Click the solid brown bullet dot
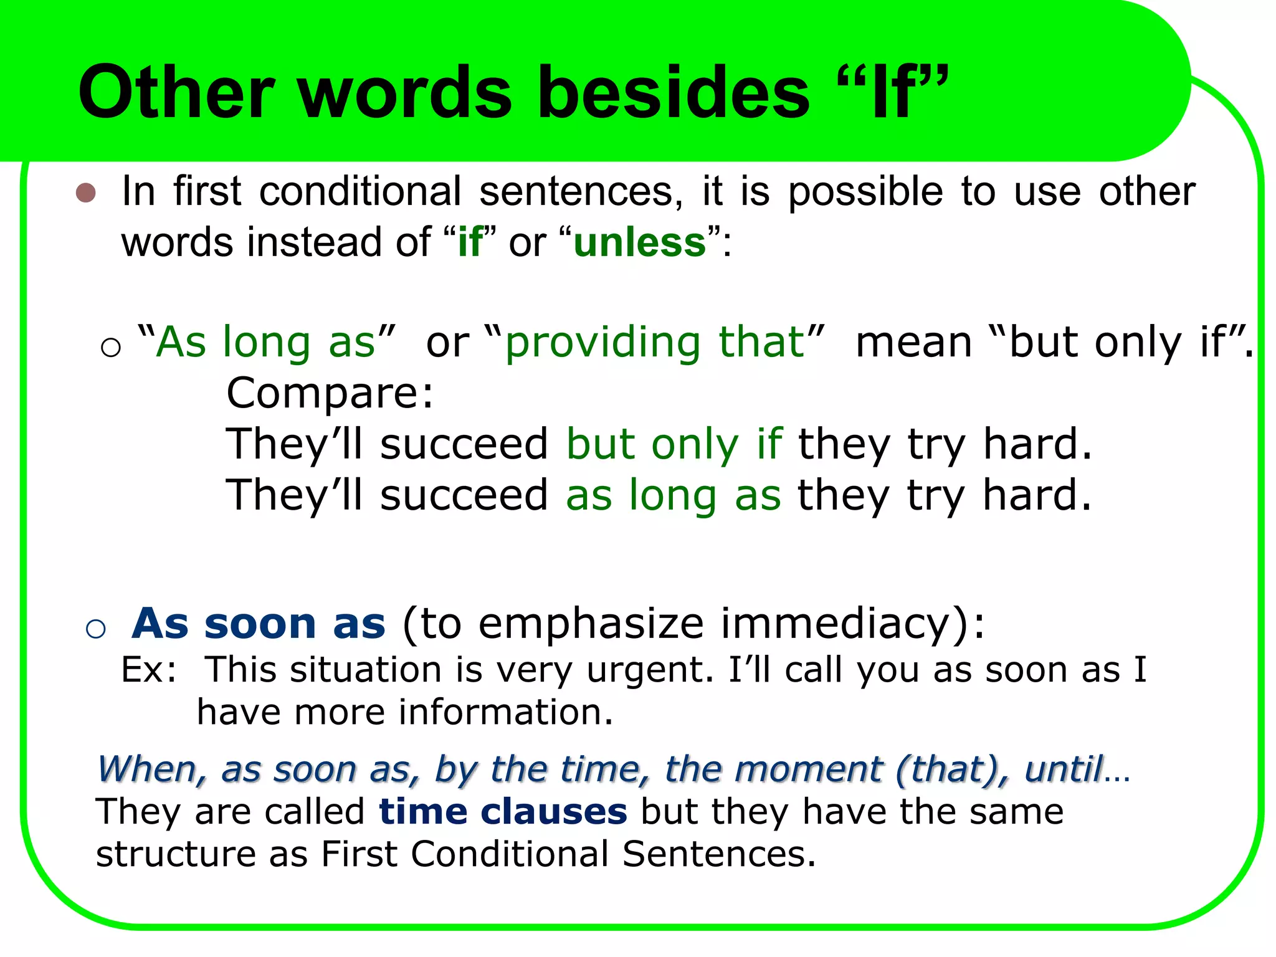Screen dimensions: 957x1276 85,193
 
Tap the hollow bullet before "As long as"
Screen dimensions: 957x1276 110,347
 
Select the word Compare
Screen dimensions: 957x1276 329,394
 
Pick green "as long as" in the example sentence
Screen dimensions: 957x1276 673,495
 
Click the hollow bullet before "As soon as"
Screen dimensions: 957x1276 95,629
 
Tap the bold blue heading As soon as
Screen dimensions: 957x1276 259,623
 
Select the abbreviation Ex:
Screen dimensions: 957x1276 148,670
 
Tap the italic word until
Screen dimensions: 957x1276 1064,769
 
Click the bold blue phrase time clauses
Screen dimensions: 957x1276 503,812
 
